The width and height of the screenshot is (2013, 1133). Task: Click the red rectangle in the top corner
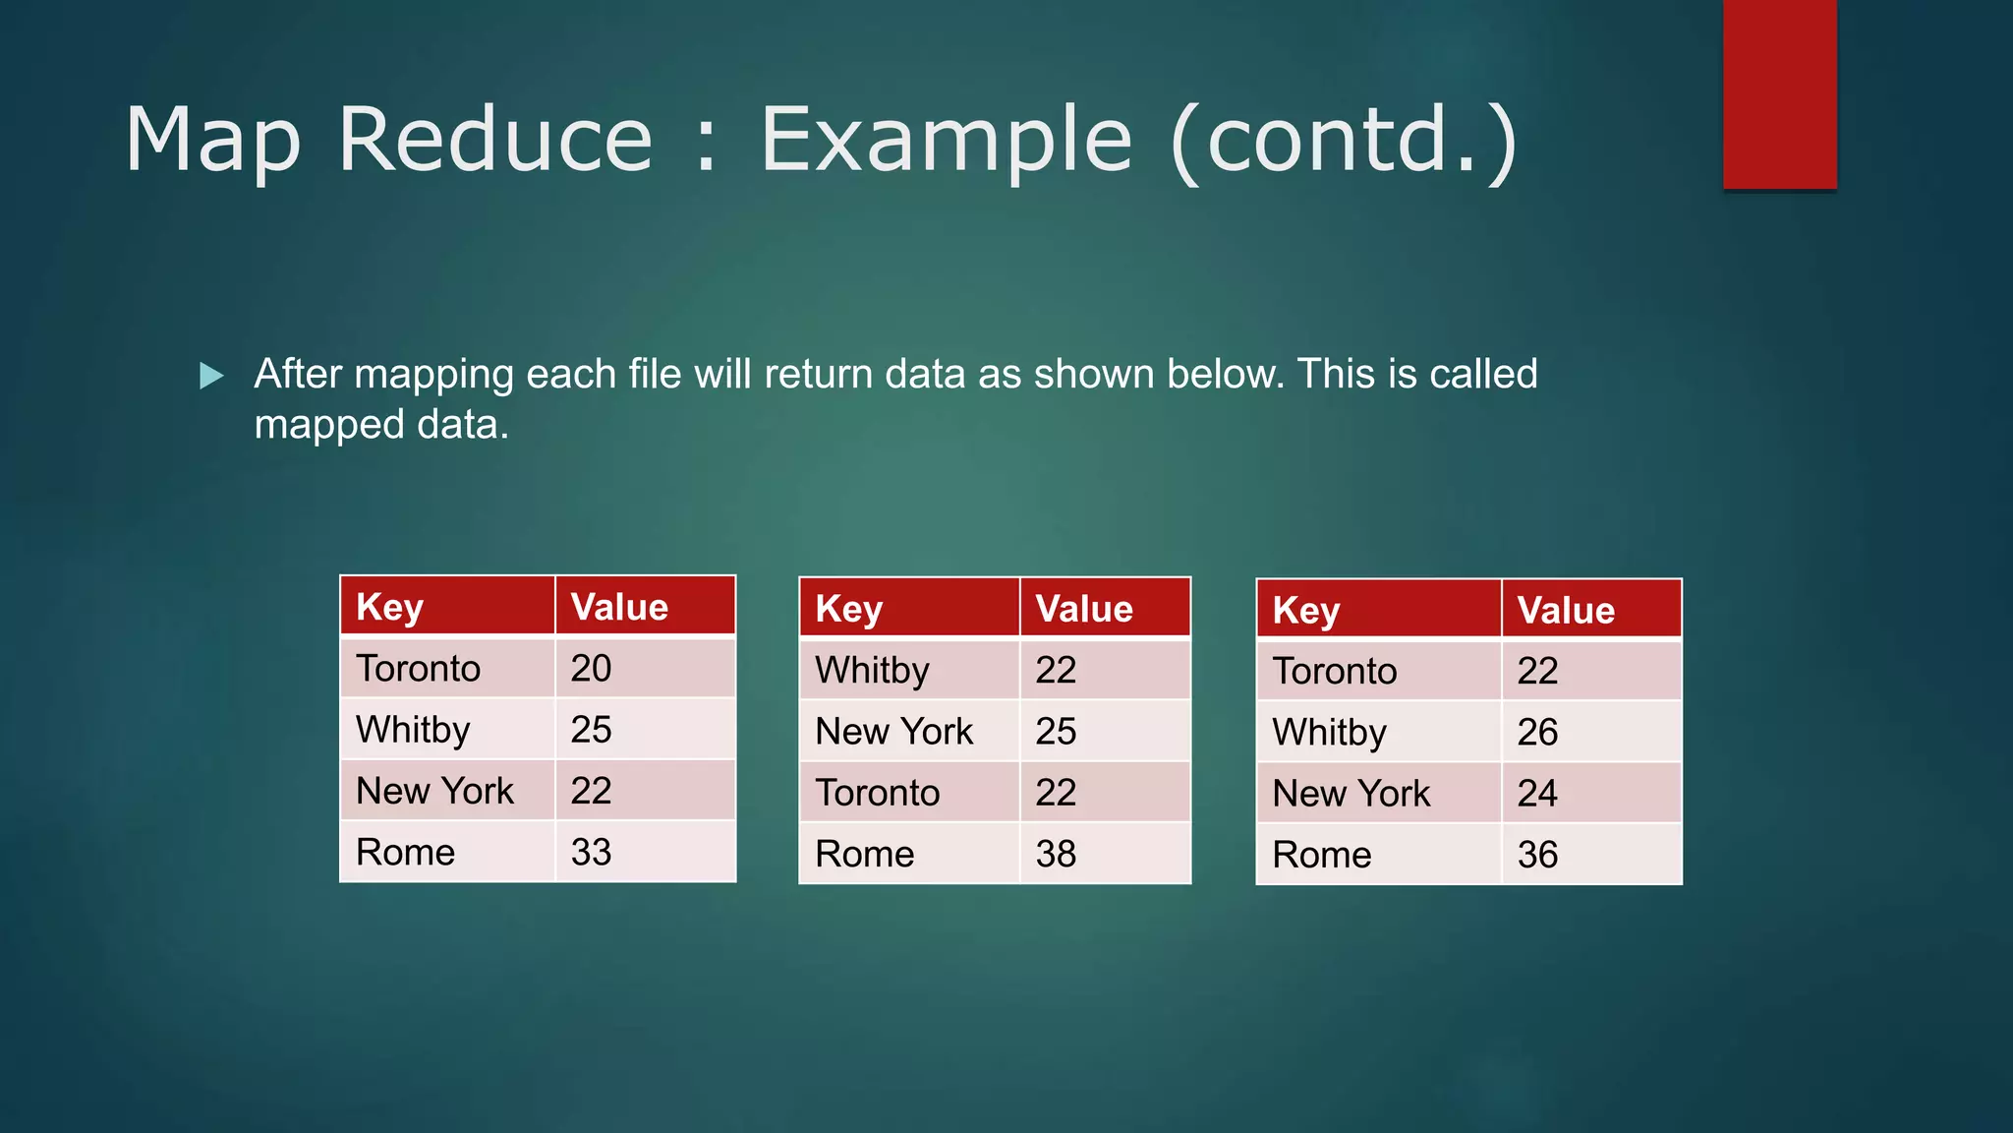(1779, 93)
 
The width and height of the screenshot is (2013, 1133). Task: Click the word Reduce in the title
(495, 140)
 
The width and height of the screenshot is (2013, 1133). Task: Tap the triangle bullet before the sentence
(210, 376)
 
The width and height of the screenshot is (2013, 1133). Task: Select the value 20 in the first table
(591, 669)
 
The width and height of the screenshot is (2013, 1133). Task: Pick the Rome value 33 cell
(591, 853)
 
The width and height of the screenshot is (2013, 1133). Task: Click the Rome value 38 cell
(1056, 855)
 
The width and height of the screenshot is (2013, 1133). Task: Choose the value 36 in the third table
(1537, 856)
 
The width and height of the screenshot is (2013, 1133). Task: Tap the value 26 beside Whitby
(1537, 733)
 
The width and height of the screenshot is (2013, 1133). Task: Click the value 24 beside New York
(1537, 794)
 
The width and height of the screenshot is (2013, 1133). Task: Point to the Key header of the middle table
(848, 610)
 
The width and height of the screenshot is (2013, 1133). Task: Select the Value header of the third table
(1566, 611)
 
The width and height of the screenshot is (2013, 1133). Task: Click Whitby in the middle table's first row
(872, 671)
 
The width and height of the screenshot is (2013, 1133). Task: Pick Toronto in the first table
(418, 669)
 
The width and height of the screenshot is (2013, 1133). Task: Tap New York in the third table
(1351, 794)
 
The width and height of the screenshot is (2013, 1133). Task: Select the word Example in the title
(946, 140)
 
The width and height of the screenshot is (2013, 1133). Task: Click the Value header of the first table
(619, 608)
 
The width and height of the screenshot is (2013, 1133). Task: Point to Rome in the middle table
(864, 855)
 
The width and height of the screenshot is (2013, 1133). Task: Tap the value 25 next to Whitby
(591, 730)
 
